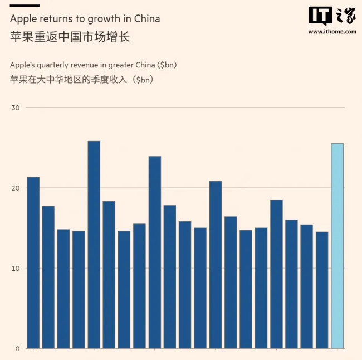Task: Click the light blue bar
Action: click(337, 245)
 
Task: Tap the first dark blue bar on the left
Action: click(33, 262)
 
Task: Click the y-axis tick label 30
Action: click(16, 108)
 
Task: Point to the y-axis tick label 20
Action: click(16, 188)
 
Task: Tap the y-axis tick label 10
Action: click(16, 268)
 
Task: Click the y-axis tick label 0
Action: click(17, 348)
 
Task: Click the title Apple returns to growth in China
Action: click(85, 19)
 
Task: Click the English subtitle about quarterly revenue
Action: click(93, 65)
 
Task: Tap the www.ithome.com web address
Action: click(332, 32)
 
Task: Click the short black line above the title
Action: click(25, 6)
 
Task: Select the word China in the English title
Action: click(146, 19)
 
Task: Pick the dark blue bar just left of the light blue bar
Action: click(322, 290)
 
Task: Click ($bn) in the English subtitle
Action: click(167, 65)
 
